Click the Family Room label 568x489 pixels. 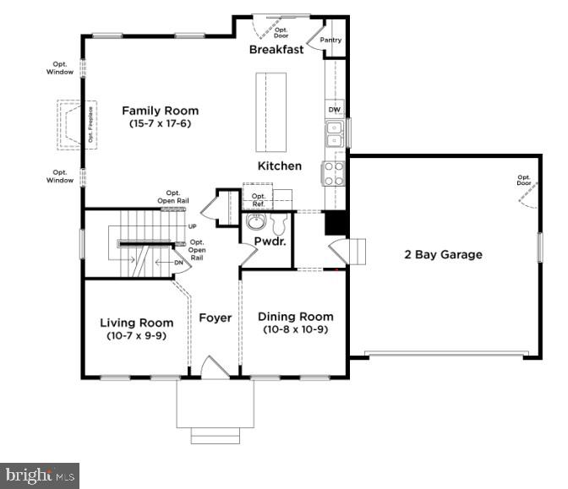tap(160, 111)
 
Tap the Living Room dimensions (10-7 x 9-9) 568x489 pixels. tap(136, 336)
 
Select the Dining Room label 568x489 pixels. tap(295, 316)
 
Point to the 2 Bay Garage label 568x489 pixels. tap(443, 254)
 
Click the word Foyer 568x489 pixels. tap(215, 318)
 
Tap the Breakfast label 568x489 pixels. tap(276, 50)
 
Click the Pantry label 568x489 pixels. tap(330, 40)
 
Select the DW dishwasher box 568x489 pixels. tap(334, 110)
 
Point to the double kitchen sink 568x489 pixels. tap(334, 134)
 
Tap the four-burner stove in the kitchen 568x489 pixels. tap(333, 173)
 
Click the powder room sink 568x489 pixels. tap(255, 223)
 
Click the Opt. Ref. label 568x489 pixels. tap(259, 200)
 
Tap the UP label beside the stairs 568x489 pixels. tap(193, 226)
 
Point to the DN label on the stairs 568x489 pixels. tap(178, 263)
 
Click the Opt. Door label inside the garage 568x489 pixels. tap(524, 180)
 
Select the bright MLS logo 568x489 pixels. tap(40, 475)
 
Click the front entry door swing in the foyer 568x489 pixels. tap(214, 367)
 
